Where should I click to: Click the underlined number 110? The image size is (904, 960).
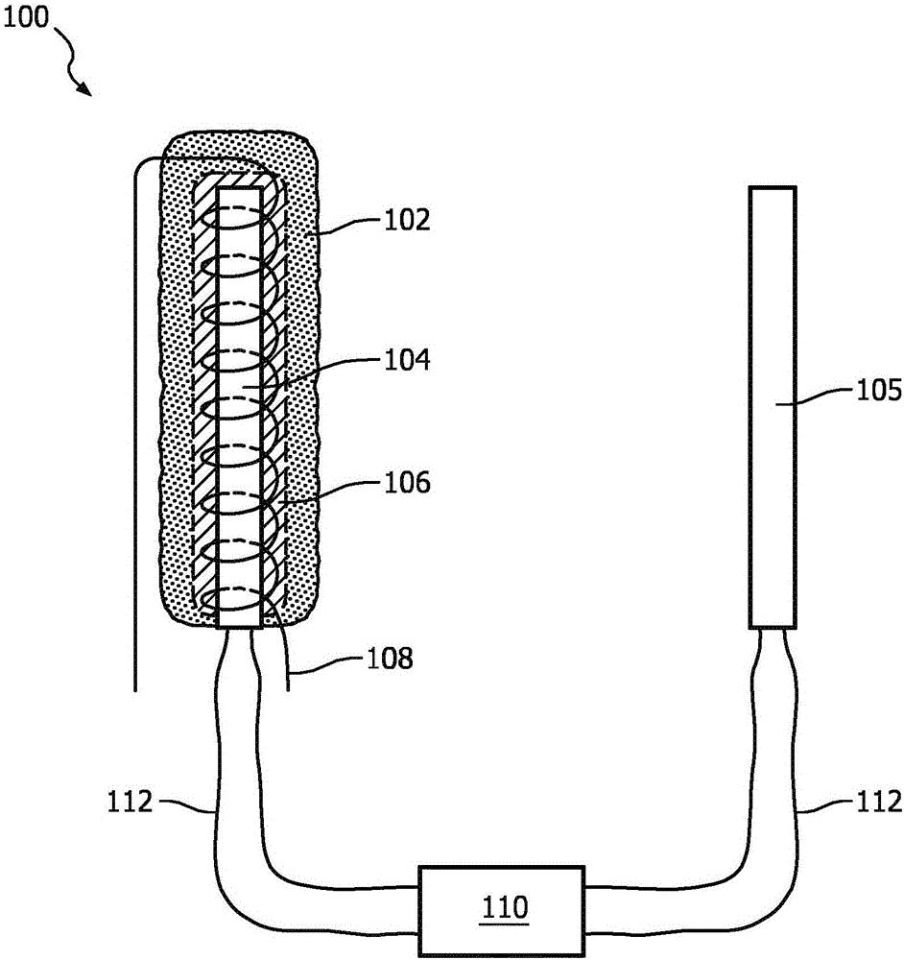point(501,905)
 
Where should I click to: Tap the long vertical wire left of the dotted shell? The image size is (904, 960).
point(136,432)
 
